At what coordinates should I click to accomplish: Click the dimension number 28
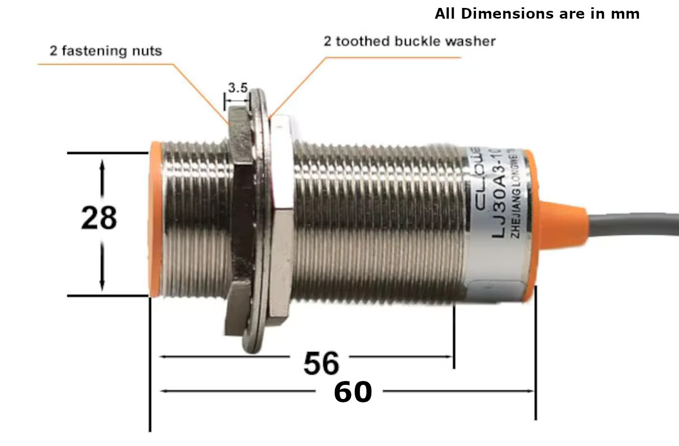point(99,218)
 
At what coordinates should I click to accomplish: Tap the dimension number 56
point(321,363)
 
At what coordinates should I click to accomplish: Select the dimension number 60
point(353,392)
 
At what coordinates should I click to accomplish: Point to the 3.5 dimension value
point(238,88)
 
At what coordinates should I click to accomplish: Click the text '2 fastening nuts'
point(106,51)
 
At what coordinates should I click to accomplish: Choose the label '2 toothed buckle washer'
point(409,41)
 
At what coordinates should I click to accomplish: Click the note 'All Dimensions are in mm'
point(537,14)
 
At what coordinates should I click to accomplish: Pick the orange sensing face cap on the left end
point(155,221)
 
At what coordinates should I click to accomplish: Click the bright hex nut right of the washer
point(281,221)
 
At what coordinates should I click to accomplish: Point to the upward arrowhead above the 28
point(102,164)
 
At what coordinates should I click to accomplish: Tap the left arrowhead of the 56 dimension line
point(164,357)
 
